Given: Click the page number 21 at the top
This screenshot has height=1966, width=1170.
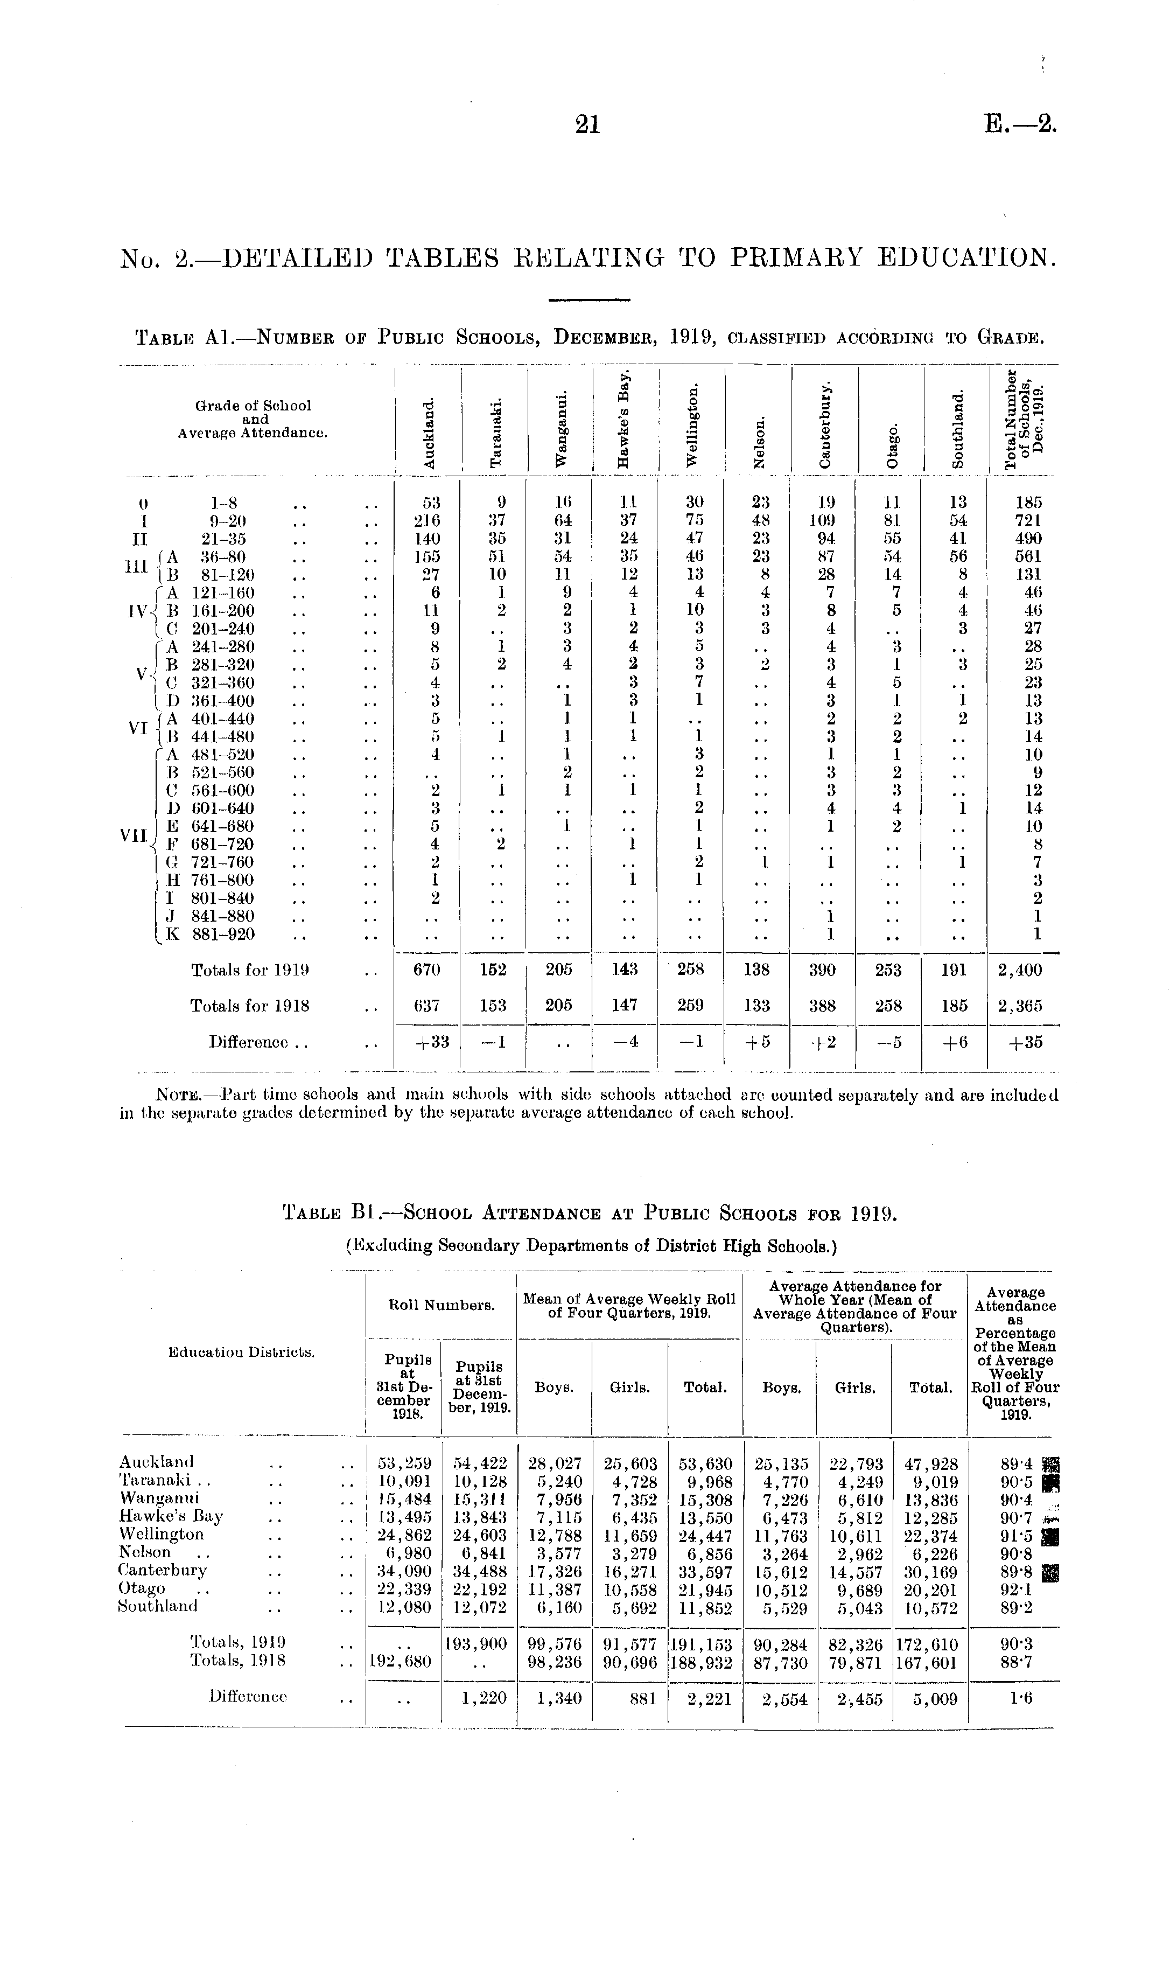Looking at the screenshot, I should [x=588, y=124].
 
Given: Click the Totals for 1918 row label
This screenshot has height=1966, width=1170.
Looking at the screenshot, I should [x=249, y=1006].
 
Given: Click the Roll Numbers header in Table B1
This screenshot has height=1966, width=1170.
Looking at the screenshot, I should [x=442, y=1305].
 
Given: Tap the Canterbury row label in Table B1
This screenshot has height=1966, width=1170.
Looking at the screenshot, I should [x=163, y=1570].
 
